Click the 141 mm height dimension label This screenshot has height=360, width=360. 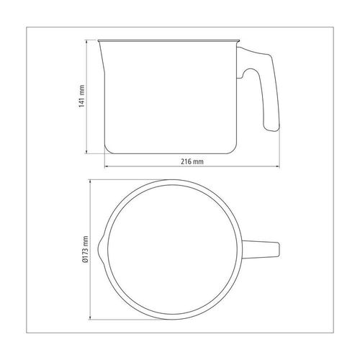(x=82, y=96)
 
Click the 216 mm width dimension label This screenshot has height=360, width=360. (x=192, y=161)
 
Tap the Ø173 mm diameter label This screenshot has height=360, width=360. (x=86, y=250)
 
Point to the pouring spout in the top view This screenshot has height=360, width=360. (x=101, y=249)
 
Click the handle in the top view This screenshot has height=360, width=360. (x=261, y=249)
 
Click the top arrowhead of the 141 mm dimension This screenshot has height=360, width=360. (x=86, y=42)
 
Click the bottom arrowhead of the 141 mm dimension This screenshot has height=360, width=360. (x=86, y=152)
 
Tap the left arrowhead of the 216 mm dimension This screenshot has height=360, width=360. (x=107, y=166)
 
